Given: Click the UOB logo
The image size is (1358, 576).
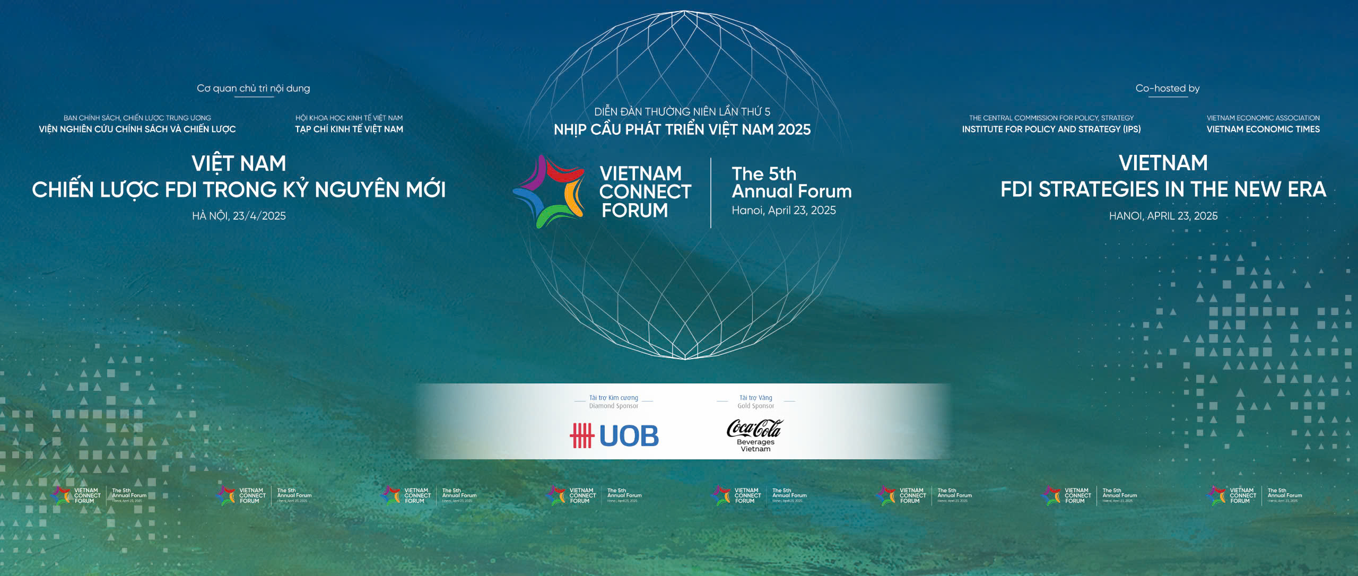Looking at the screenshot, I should [x=614, y=435].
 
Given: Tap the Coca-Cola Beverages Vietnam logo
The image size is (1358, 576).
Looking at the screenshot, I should [x=754, y=435].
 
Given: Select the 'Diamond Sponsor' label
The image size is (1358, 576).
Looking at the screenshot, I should [x=614, y=406].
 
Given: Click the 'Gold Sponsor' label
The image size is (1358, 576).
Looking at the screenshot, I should [x=756, y=406].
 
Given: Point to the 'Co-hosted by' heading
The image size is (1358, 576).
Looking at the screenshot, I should [x=1167, y=89].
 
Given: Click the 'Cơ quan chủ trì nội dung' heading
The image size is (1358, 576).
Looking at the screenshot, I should [x=253, y=89].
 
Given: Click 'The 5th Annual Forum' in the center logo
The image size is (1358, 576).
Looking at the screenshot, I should [x=791, y=182].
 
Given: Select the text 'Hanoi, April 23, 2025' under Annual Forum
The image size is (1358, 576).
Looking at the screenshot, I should [x=784, y=211].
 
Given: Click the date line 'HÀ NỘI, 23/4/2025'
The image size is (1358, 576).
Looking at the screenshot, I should [x=239, y=216].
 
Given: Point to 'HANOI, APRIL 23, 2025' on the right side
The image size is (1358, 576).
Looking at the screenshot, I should [x=1163, y=216].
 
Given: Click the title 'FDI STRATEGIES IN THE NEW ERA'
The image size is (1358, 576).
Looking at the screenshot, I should [x=1163, y=189].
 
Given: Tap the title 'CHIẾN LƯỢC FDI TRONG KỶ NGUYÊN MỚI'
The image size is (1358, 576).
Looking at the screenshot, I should [x=239, y=189].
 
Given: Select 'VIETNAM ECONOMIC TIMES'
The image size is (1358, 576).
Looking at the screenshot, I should [x=1263, y=129].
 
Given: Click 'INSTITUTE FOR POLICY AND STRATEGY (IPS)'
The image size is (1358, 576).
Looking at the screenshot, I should [x=1051, y=129].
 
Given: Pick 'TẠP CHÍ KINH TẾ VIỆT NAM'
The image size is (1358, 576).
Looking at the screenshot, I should [x=349, y=129].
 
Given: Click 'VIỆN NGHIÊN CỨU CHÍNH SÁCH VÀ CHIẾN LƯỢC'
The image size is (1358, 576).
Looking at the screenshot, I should [x=137, y=129].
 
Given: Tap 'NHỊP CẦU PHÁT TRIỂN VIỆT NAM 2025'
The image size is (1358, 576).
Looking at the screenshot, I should [x=682, y=129].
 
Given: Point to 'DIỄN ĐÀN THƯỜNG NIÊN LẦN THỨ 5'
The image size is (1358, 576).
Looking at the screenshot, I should [x=682, y=112].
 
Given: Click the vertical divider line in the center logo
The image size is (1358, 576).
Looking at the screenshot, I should [x=711, y=193].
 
